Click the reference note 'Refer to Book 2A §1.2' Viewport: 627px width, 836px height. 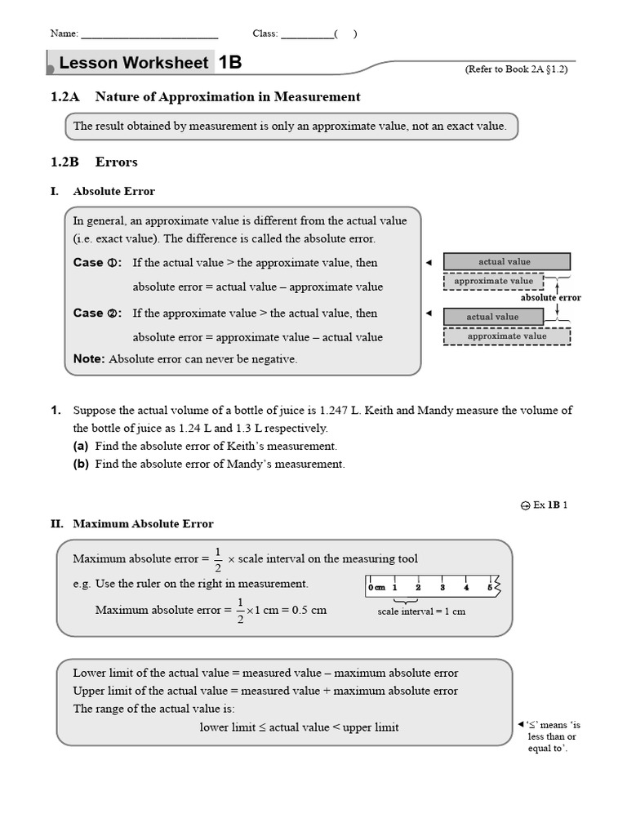tap(516, 69)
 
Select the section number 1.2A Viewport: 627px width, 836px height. tap(64, 97)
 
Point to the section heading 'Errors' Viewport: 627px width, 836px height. tap(116, 162)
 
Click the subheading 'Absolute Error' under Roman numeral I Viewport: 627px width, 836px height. tap(113, 191)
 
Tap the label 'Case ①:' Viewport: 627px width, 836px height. tap(97, 263)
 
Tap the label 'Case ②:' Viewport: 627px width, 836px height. tap(97, 313)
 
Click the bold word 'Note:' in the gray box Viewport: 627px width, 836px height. tap(89, 358)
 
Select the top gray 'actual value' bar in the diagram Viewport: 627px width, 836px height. tap(506, 262)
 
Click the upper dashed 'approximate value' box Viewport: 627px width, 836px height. tap(494, 282)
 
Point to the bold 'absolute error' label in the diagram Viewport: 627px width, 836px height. tap(550, 298)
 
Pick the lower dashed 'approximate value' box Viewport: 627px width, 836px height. tap(506, 336)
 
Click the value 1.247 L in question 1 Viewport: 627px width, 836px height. tap(338, 411)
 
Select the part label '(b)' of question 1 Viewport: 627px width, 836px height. tap(81, 464)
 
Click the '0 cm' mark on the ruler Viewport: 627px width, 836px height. tap(376, 587)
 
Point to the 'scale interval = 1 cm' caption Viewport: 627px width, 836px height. tap(421, 611)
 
